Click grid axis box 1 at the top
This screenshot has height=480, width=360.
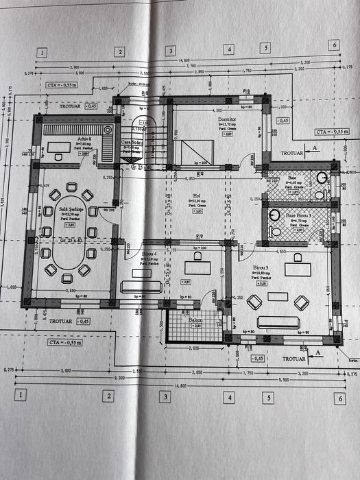pos(43,51)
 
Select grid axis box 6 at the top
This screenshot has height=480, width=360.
pos(334,46)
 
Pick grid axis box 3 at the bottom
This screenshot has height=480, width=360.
pos(165,396)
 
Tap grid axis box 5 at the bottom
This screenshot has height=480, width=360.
pos(269,397)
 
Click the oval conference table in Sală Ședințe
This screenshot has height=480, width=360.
pos(67,260)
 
